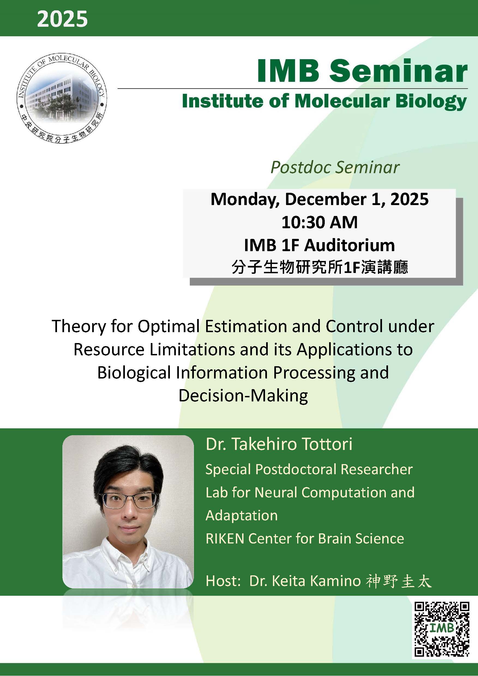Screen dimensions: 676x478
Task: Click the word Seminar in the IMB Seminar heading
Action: click(398, 71)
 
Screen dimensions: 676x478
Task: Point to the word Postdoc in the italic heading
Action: click(301, 167)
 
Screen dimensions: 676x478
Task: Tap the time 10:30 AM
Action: click(319, 222)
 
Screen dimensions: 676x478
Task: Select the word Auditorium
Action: click(349, 245)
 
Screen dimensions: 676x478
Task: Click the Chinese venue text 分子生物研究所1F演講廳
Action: click(319, 267)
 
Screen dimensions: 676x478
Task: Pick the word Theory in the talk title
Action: click(79, 326)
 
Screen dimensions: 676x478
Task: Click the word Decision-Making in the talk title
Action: click(243, 395)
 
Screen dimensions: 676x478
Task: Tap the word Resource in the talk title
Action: click(109, 350)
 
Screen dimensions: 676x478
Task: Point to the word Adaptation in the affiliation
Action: click(241, 516)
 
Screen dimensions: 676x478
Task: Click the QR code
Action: click(442, 629)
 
